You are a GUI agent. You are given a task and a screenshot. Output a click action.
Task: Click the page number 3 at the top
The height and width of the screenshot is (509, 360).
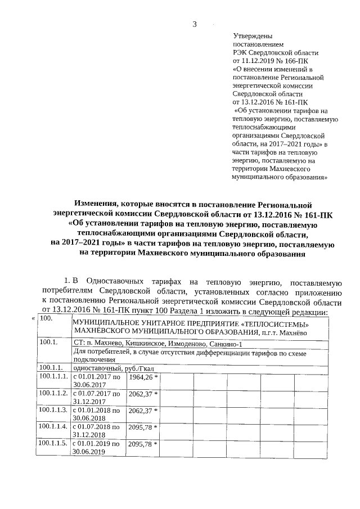[195, 24]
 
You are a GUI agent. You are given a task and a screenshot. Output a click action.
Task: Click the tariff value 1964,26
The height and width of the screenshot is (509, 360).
[141, 377]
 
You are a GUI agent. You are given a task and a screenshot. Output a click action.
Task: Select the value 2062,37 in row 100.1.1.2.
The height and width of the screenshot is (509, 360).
[141, 394]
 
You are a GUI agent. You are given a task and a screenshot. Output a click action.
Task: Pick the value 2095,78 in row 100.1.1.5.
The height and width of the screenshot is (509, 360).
[141, 444]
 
